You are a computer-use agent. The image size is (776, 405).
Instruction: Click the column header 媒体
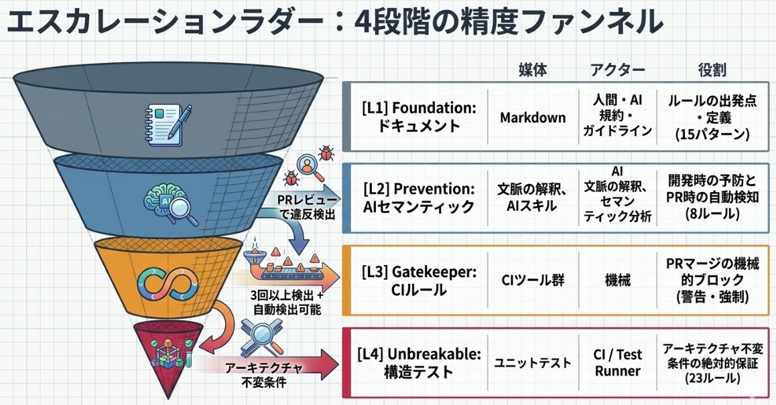tap(533, 70)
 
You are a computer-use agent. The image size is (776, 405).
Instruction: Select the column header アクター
tap(617, 70)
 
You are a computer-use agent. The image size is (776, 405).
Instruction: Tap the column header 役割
tap(712, 70)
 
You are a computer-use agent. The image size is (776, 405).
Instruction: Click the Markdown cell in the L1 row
tap(533, 116)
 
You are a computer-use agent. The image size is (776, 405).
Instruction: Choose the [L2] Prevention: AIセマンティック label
tap(417, 198)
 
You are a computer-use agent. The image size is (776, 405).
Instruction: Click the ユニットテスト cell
tap(533, 362)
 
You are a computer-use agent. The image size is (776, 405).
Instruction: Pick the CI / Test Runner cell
tap(617, 362)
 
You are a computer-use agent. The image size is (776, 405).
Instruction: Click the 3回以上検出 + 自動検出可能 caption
tap(287, 303)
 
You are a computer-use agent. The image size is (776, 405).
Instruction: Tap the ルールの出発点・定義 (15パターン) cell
tap(712, 116)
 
